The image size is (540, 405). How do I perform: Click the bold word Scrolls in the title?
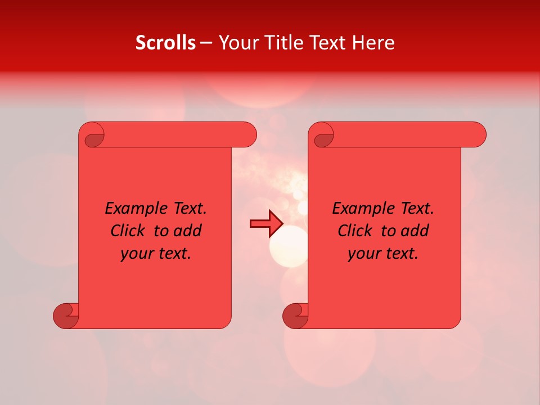tap(165, 43)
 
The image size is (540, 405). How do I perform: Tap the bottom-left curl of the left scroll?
tap(65, 316)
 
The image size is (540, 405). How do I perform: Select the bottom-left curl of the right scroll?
tap(295, 316)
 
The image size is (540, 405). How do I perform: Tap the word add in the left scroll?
tap(187, 231)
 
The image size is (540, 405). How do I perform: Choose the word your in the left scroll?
tap(136, 253)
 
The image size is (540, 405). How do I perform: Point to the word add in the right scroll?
tap(415, 231)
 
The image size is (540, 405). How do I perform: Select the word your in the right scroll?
tap(363, 253)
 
